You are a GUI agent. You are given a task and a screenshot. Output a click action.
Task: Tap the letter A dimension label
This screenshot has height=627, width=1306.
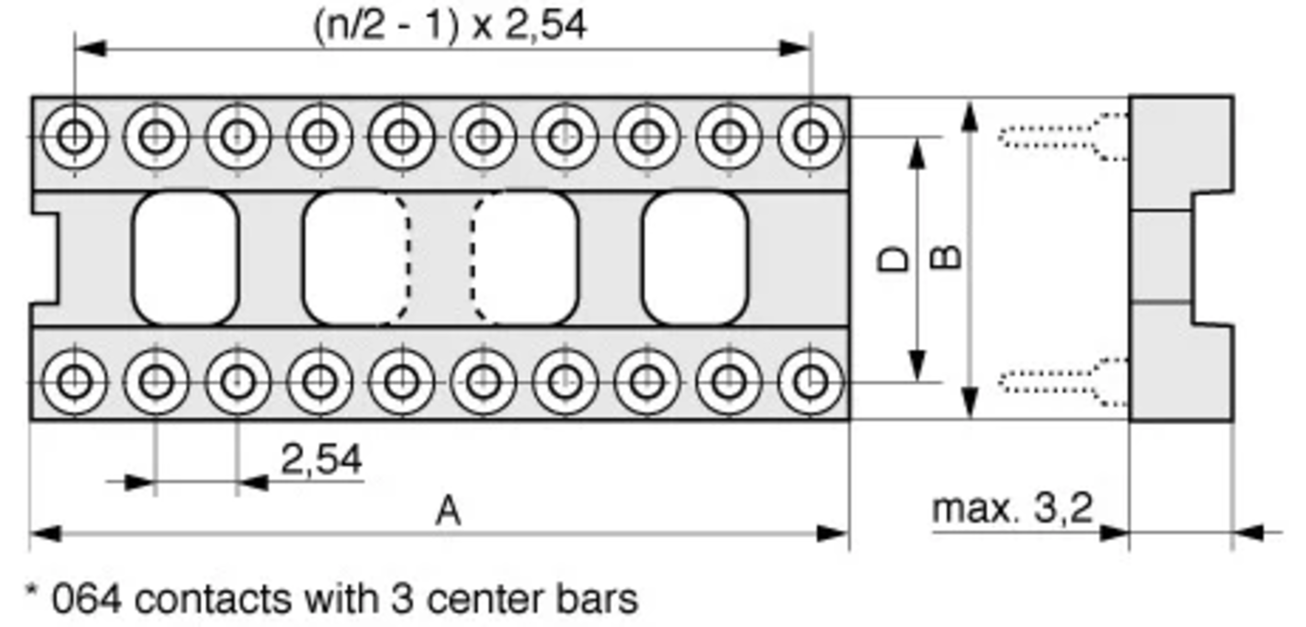click(x=448, y=512)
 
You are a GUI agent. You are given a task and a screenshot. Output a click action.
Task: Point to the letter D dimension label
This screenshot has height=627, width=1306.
click(x=894, y=259)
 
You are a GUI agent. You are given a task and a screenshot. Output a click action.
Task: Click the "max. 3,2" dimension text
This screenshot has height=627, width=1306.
click(x=1012, y=509)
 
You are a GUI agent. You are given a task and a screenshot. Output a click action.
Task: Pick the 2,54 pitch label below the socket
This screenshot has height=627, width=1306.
click(x=321, y=460)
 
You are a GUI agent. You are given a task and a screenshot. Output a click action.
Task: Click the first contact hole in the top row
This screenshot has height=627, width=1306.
click(x=75, y=136)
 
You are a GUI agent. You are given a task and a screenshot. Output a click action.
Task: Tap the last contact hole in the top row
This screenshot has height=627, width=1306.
click(x=811, y=136)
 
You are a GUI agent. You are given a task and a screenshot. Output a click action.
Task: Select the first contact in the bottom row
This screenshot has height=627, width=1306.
click(x=75, y=382)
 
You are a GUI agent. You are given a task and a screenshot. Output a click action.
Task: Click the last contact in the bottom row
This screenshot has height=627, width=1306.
click(x=811, y=382)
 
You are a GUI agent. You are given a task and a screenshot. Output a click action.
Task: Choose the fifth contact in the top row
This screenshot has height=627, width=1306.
click(x=402, y=136)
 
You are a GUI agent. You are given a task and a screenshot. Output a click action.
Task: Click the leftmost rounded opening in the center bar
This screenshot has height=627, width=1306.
click(x=186, y=258)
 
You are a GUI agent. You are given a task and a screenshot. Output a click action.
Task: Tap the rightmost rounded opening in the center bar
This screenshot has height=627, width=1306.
click(x=695, y=258)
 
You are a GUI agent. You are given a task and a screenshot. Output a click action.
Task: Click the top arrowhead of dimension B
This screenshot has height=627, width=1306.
click(x=969, y=117)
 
